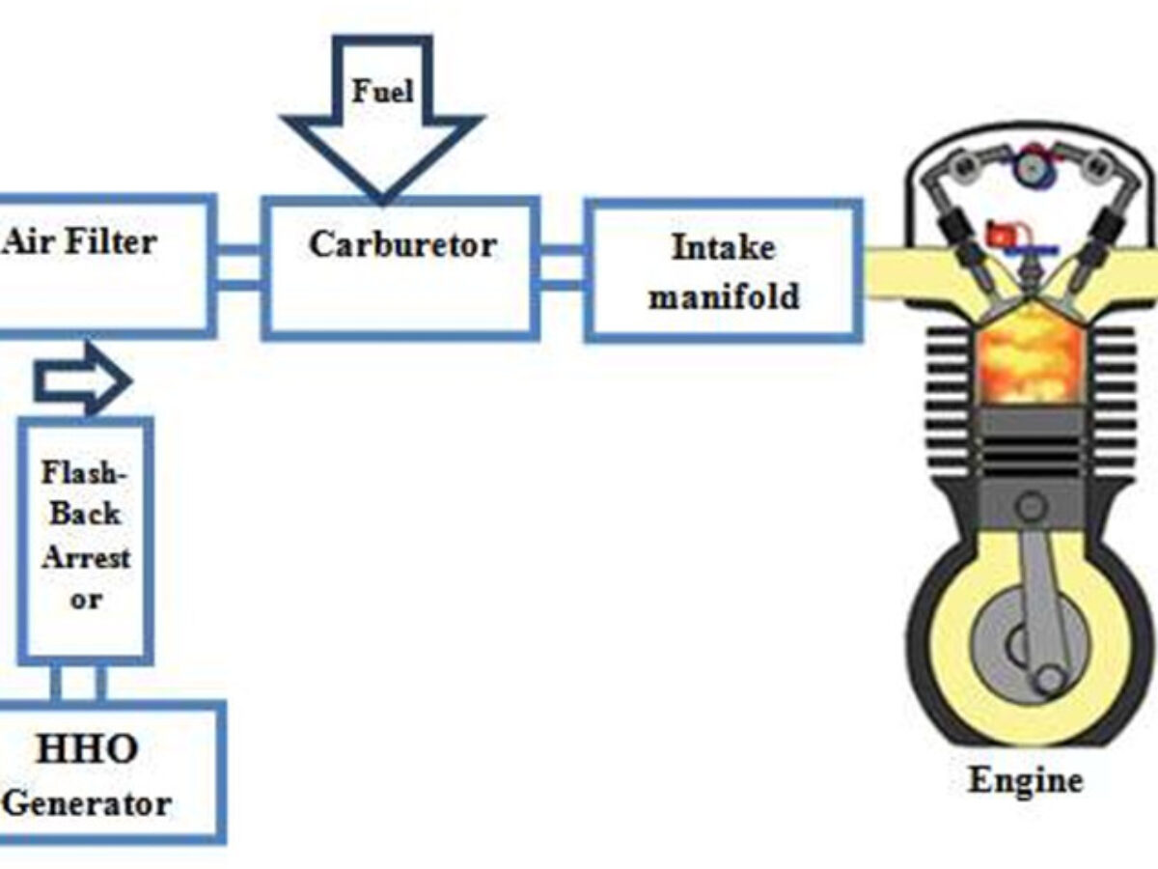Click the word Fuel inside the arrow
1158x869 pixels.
point(382,92)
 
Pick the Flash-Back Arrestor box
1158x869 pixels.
point(86,541)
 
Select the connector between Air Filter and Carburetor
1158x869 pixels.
point(236,266)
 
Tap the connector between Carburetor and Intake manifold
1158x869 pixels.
point(562,267)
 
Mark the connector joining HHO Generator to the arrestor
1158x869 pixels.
point(77,683)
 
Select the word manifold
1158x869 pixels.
point(723,295)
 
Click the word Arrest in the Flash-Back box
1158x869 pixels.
point(85,557)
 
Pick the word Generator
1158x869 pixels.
point(89,802)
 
